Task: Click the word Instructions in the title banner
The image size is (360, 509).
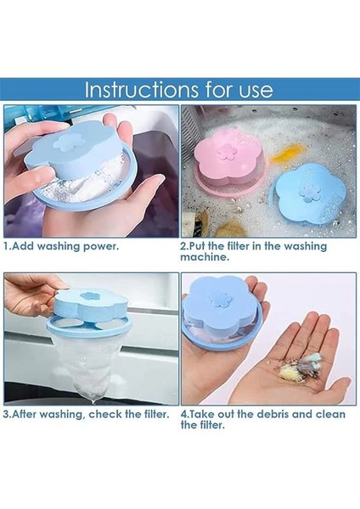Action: (x=142, y=90)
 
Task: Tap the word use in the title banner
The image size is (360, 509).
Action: (x=256, y=92)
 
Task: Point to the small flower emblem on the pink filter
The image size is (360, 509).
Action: (x=226, y=151)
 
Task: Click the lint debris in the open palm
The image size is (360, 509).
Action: (x=300, y=367)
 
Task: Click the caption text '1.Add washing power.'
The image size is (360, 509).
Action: (x=61, y=246)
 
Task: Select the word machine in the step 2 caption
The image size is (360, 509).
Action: (x=205, y=257)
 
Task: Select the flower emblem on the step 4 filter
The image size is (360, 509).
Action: (x=221, y=299)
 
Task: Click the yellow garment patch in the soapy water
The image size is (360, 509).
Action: (x=288, y=153)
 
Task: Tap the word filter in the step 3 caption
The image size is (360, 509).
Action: (x=155, y=414)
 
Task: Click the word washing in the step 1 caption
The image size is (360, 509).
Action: (x=59, y=246)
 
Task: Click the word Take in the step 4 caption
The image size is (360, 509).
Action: (x=200, y=414)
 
